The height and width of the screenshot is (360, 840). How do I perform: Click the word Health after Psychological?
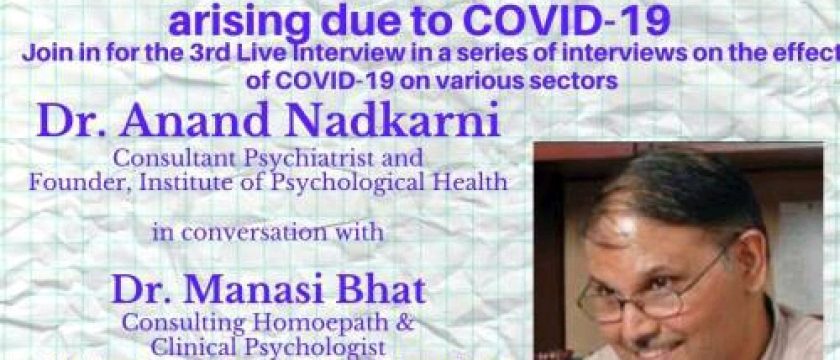[469, 182]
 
